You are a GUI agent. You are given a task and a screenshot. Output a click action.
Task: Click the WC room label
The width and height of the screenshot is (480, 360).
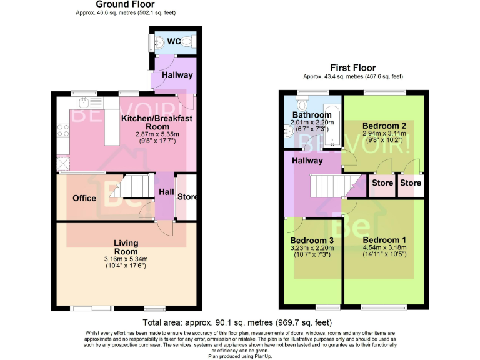(x=174, y=42)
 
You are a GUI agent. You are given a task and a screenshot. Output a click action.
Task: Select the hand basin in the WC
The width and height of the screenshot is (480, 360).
(x=159, y=42)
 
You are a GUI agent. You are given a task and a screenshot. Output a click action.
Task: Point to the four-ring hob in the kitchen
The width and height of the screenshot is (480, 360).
(x=63, y=130)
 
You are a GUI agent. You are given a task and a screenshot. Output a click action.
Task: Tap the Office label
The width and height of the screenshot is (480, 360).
(x=84, y=198)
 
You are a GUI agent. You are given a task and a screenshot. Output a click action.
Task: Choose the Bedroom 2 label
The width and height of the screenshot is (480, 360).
(x=384, y=126)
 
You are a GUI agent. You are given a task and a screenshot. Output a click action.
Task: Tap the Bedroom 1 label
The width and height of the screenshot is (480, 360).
(x=384, y=240)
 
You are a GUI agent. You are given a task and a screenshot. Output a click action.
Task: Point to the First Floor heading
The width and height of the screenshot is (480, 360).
(x=354, y=68)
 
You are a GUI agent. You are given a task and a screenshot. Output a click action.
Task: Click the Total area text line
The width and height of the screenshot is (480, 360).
(x=236, y=322)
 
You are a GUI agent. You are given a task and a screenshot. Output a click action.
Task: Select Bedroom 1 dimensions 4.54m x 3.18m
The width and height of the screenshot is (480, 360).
(x=384, y=248)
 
